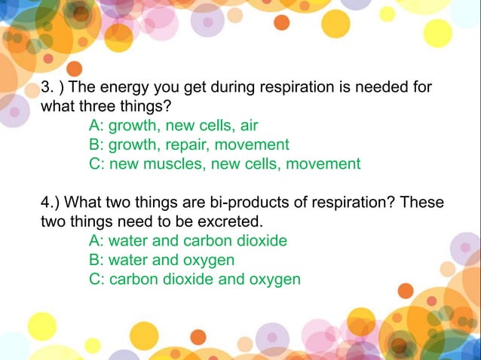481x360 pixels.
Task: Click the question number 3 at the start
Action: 46,87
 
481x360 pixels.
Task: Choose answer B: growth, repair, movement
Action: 188,145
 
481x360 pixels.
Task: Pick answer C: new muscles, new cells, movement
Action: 225,163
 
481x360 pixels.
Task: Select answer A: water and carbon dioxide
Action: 188,241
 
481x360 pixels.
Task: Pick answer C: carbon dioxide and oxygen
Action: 195,279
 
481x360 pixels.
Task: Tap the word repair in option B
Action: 190,145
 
